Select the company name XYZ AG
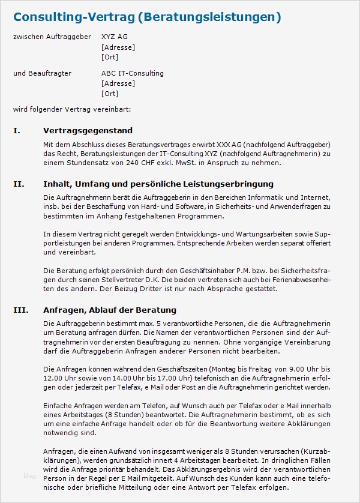tap(115, 37)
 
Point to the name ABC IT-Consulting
tap(133, 73)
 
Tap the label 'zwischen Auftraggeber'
tap(52, 37)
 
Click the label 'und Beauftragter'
tap(42, 73)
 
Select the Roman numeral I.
tap(16, 130)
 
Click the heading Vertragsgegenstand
tap(88, 130)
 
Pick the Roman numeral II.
tap(18, 184)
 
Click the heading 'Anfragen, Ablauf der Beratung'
tap(110, 310)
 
